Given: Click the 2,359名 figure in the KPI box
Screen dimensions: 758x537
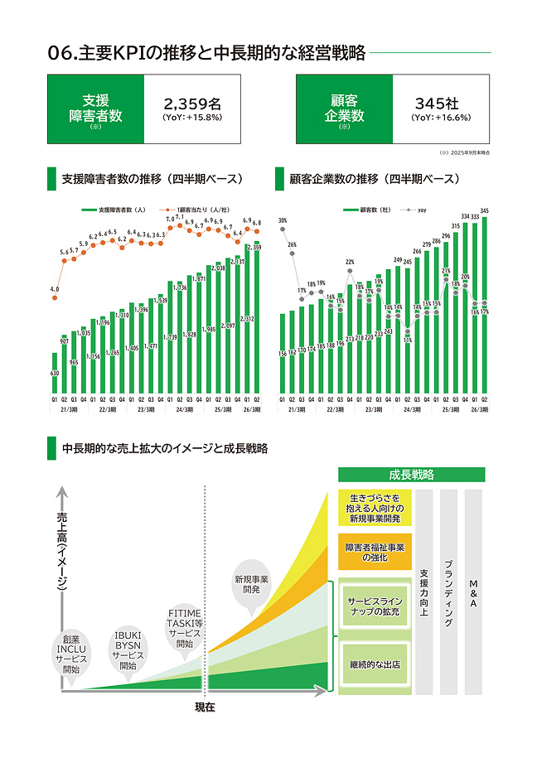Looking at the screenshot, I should click(192, 104).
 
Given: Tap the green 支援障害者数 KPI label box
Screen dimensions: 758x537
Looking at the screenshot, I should click(95, 109).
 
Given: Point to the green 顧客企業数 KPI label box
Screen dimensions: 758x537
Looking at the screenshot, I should click(343, 109).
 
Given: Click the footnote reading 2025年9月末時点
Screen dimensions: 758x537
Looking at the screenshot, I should click(467, 152).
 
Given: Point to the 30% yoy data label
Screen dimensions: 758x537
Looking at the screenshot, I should click(283, 221).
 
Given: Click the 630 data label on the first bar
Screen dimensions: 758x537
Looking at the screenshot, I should click(55, 374).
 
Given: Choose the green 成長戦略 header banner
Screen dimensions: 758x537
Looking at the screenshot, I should click(411, 475).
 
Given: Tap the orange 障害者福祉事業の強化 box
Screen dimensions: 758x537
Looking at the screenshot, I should click(375, 552).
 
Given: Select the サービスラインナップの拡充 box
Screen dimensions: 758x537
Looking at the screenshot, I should click(375, 606).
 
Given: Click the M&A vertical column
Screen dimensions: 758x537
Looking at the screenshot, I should click(473, 591).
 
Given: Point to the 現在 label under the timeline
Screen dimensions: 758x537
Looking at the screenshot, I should click(205, 707).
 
